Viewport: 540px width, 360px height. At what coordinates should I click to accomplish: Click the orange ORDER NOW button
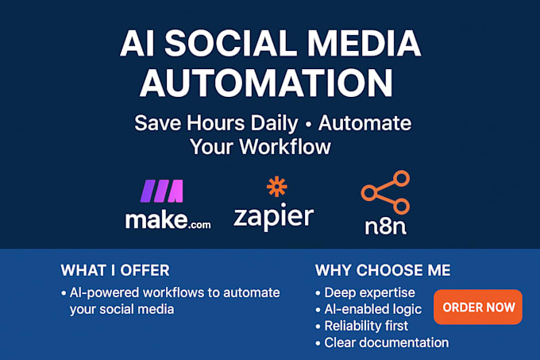click(x=478, y=307)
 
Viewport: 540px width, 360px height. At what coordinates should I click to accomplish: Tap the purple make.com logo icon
click(x=162, y=191)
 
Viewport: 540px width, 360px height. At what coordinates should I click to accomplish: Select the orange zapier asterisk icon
click(x=277, y=187)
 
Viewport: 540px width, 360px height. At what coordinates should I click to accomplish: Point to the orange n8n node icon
click(x=386, y=192)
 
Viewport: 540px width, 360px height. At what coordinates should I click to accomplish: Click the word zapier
click(x=274, y=217)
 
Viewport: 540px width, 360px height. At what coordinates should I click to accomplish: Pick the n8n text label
click(x=386, y=226)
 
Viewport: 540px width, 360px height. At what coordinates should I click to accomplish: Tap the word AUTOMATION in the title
click(x=266, y=83)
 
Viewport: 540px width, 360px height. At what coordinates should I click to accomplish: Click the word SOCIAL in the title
click(x=231, y=43)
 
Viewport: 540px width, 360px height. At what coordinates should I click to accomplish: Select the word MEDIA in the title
click(x=364, y=43)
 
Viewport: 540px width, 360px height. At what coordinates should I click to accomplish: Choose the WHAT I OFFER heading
click(x=115, y=270)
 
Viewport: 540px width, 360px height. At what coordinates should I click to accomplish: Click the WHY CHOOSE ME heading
click(x=383, y=270)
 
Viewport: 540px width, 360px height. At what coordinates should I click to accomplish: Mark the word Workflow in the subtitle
click(x=285, y=147)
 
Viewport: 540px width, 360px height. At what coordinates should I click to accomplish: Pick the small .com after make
click(x=200, y=225)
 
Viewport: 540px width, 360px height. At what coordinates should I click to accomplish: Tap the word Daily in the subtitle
click(x=274, y=124)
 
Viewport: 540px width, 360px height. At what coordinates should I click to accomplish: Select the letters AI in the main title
click(x=137, y=43)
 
